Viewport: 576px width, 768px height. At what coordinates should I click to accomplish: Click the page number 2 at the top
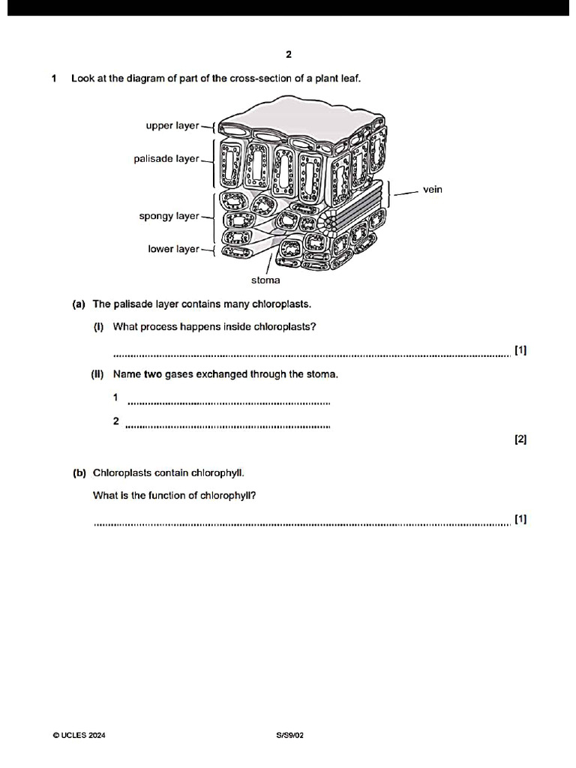pyautogui.click(x=289, y=55)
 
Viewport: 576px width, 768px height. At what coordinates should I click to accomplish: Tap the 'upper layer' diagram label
pyautogui.click(x=172, y=126)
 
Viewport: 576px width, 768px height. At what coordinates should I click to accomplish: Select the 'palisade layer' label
pyautogui.click(x=166, y=159)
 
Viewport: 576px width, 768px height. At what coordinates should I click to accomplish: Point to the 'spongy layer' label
pyautogui.click(x=169, y=217)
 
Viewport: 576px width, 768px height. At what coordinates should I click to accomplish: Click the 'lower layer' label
pyautogui.click(x=173, y=249)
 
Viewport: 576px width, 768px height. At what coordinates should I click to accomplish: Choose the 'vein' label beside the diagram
pyautogui.click(x=433, y=190)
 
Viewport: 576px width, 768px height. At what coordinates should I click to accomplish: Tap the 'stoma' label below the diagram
pyautogui.click(x=265, y=280)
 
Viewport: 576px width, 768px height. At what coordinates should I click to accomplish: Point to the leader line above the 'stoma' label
pyautogui.click(x=269, y=264)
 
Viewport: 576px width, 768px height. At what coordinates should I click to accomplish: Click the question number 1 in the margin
pyautogui.click(x=55, y=79)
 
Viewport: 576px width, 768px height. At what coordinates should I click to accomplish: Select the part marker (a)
pyautogui.click(x=79, y=304)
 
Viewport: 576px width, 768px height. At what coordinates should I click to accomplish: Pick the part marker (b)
pyautogui.click(x=79, y=473)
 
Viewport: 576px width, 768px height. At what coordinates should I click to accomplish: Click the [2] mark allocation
pyautogui.click(x=520, y=440)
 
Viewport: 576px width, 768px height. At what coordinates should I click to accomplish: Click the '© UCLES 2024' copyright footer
pyautogui.click(x=79, y=736)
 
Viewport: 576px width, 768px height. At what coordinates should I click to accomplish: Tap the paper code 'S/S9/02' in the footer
pyautogui.click(x=289, y=736)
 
